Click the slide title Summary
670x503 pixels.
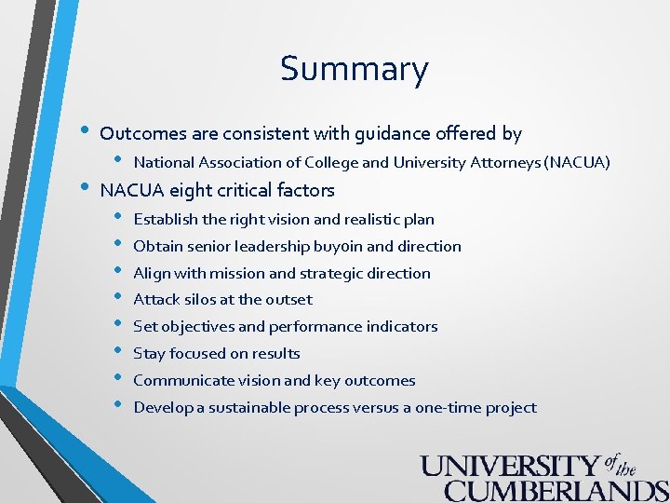354,70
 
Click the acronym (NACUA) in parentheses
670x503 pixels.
578,163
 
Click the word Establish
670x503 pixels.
166,220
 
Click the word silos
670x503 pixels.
196,300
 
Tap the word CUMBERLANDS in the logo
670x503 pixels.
556,490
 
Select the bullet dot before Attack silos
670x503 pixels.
118,298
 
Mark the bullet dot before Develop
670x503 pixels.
118,406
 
